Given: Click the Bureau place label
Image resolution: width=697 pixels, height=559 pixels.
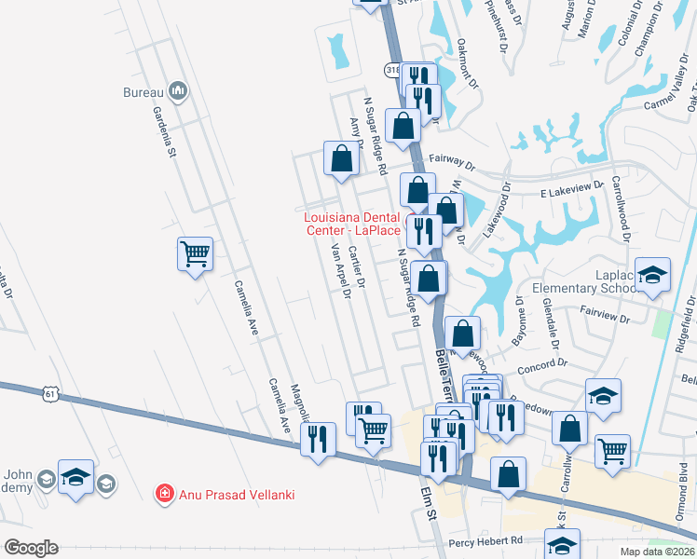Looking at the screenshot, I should click(143, 92).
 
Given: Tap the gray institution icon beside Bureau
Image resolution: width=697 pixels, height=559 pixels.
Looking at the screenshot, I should click(178, 91).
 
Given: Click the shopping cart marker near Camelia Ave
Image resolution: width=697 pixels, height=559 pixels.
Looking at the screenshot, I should click(195, 253).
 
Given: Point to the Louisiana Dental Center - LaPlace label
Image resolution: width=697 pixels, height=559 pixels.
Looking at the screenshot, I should click(352, 224).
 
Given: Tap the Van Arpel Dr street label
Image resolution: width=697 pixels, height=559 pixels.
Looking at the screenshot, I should click(340, 270).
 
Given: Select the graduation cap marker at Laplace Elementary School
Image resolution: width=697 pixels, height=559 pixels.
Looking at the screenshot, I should click(652, 275).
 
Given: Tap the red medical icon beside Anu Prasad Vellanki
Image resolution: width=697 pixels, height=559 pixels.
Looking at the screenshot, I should click(165, 493).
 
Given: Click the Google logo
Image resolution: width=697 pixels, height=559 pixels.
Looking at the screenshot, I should click(30, 547).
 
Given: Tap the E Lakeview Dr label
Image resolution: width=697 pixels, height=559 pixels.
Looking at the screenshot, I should click(572, 187).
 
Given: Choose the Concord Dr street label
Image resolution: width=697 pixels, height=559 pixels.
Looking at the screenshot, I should click(538, 367).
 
